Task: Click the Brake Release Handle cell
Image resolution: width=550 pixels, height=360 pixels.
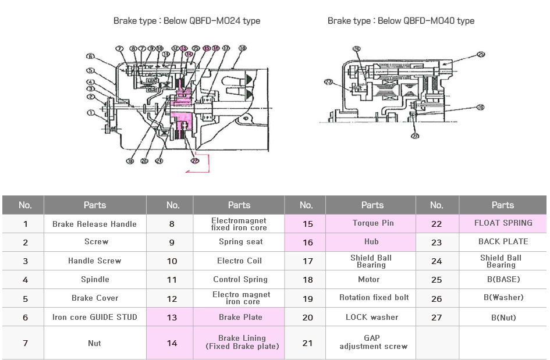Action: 94,224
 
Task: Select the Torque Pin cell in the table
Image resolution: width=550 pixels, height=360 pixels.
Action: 372,223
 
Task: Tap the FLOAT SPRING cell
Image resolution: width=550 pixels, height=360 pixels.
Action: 503,223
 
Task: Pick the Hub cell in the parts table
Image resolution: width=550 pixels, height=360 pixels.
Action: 371,242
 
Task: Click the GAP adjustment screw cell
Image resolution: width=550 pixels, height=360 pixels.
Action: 372,342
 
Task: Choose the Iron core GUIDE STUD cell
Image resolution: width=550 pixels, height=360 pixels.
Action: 94,317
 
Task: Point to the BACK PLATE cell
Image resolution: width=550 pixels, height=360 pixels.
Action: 503,242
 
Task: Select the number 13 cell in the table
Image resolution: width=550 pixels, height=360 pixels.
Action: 172,317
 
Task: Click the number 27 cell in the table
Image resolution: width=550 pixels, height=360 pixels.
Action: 437,318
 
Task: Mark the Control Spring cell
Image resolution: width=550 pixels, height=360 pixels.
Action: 240,280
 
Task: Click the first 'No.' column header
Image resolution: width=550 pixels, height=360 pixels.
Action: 25,205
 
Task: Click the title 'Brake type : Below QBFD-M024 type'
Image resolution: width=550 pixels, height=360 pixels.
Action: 186,21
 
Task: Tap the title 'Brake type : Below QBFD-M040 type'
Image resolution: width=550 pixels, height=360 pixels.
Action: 400,21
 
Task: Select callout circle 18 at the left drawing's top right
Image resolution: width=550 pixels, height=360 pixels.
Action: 242,48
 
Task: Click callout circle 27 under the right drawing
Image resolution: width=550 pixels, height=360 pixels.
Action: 415,136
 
